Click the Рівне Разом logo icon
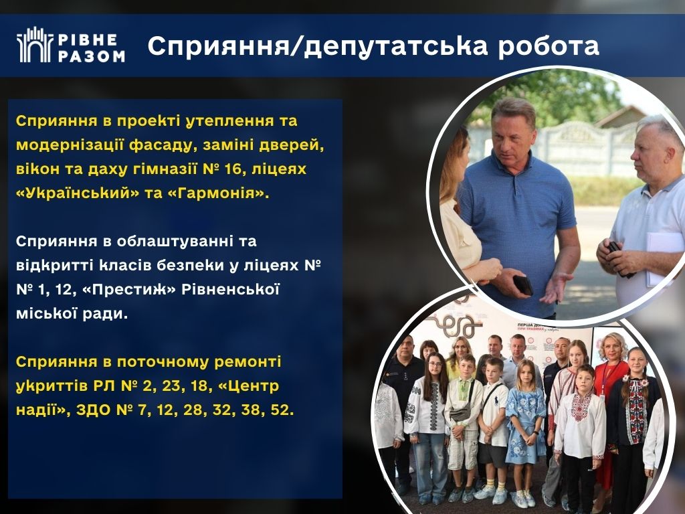[35, 45]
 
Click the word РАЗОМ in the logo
[92, 56]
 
